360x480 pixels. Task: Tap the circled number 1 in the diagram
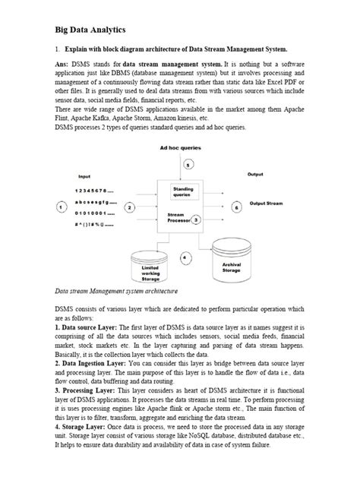pyautogui.click(x=60, y=207)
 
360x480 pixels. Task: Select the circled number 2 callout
pyautogui.click(x=130, y=207)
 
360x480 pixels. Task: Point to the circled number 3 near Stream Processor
pyautogui.click(x=196, y=219)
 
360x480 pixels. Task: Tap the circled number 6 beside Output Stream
pyautogui.click(x=236, y=206)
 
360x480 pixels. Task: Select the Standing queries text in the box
pyautogui.click(x=183, y=191)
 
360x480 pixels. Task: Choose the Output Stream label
pyautogui.click(x=267, y=204)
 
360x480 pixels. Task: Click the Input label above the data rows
pyautogui.click(x=84, y=176)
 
